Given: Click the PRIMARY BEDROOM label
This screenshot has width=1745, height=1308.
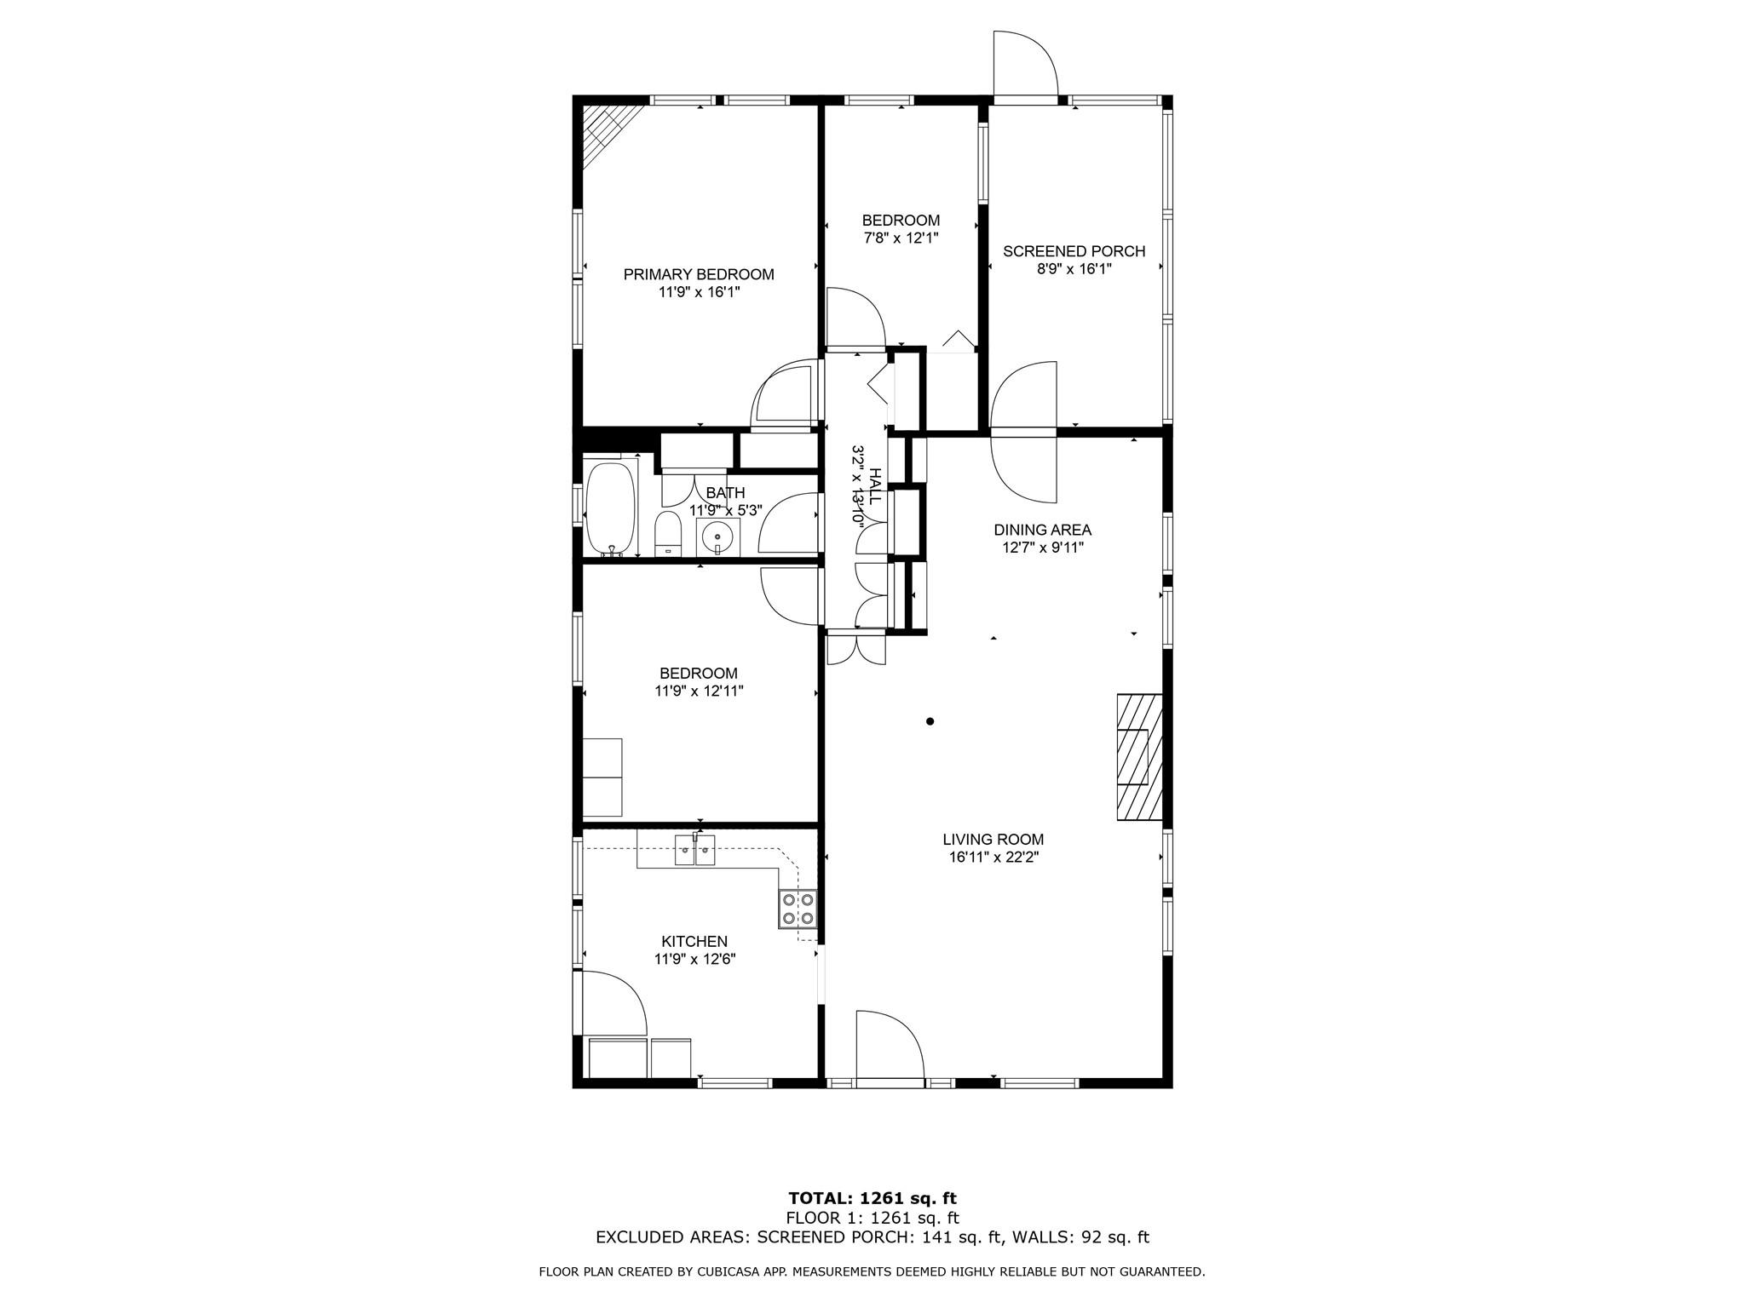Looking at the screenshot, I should click(699, 274).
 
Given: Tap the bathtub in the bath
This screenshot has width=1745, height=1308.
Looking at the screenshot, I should click(610, 508).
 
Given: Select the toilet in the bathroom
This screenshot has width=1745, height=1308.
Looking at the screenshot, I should click(668, 535).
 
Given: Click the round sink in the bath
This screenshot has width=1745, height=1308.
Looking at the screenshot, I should click(718, 537).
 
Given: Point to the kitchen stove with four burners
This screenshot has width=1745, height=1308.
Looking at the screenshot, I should click(798, 909).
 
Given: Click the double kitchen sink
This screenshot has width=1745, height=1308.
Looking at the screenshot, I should click(695, 851).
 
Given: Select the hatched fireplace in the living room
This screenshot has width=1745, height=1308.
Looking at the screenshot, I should click(1139, 757).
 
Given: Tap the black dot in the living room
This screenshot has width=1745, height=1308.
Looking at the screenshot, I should click(930, 721).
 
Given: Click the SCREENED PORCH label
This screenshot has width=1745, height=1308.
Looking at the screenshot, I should click(1074, 251).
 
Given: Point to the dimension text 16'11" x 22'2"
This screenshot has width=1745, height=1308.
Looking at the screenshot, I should click(993, 858).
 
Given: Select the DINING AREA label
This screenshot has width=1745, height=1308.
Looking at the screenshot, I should click(1042, 530).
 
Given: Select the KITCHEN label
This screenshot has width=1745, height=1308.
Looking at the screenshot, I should click(694, 941).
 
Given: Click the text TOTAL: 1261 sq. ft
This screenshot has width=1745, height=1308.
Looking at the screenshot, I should click(872, 1199).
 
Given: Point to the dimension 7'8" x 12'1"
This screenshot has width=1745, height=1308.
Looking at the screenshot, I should click(901, 238).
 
